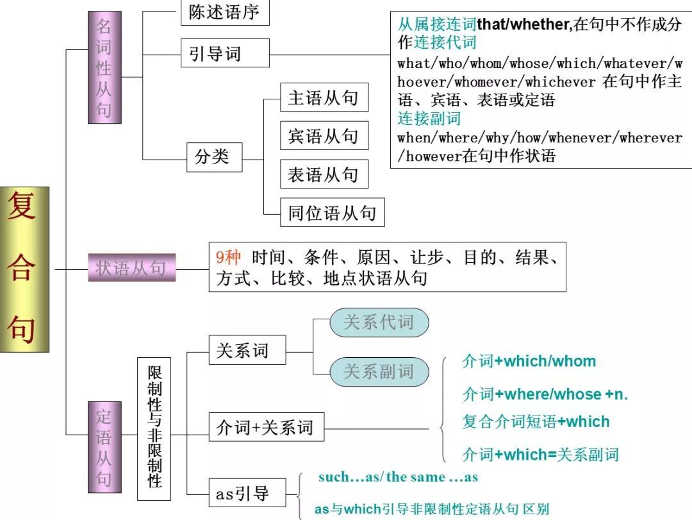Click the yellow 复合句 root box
click(25, 269)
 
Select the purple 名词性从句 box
click(104, 67)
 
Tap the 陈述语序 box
click(224, 13)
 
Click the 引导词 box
click(215, 54)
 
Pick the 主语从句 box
click(324, 98)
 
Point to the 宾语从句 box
click(324, 136)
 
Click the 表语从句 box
click(324, 174)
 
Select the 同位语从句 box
click(332, 213)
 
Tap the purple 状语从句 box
click(131, 267)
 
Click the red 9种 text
click(229, 258)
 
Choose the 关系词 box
click(247, 351)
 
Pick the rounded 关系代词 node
click(379, 323)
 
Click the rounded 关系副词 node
click(379, 371)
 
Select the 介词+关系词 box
click(266, 428)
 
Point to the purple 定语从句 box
click(104, 447)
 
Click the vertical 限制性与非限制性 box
click(154, 428)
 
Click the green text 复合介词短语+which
click(536, 422)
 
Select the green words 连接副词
click(429, 119)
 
